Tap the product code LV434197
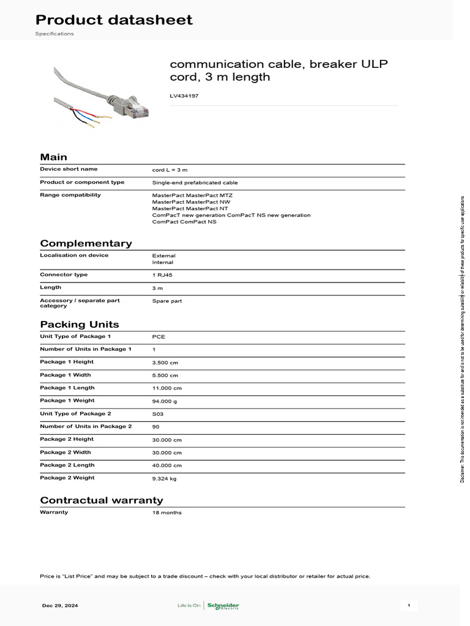tap(184, 96)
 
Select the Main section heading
tap(53, 157)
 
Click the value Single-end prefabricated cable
tap(195, 182)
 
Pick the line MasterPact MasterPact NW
tap(191, 202)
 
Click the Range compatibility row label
tap(70, 195)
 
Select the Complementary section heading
tap(86, 243)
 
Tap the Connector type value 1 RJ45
tap(162, 275)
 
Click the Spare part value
tap(166, 301)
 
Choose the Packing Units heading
tap(80, 325)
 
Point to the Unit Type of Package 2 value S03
tap(158, 414)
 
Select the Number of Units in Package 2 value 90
tap(155, 427)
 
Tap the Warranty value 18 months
tap(166, 512)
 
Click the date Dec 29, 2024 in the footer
tap(60, 606)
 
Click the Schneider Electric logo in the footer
tap(223, 606)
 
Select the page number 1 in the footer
tap(409, 606)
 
